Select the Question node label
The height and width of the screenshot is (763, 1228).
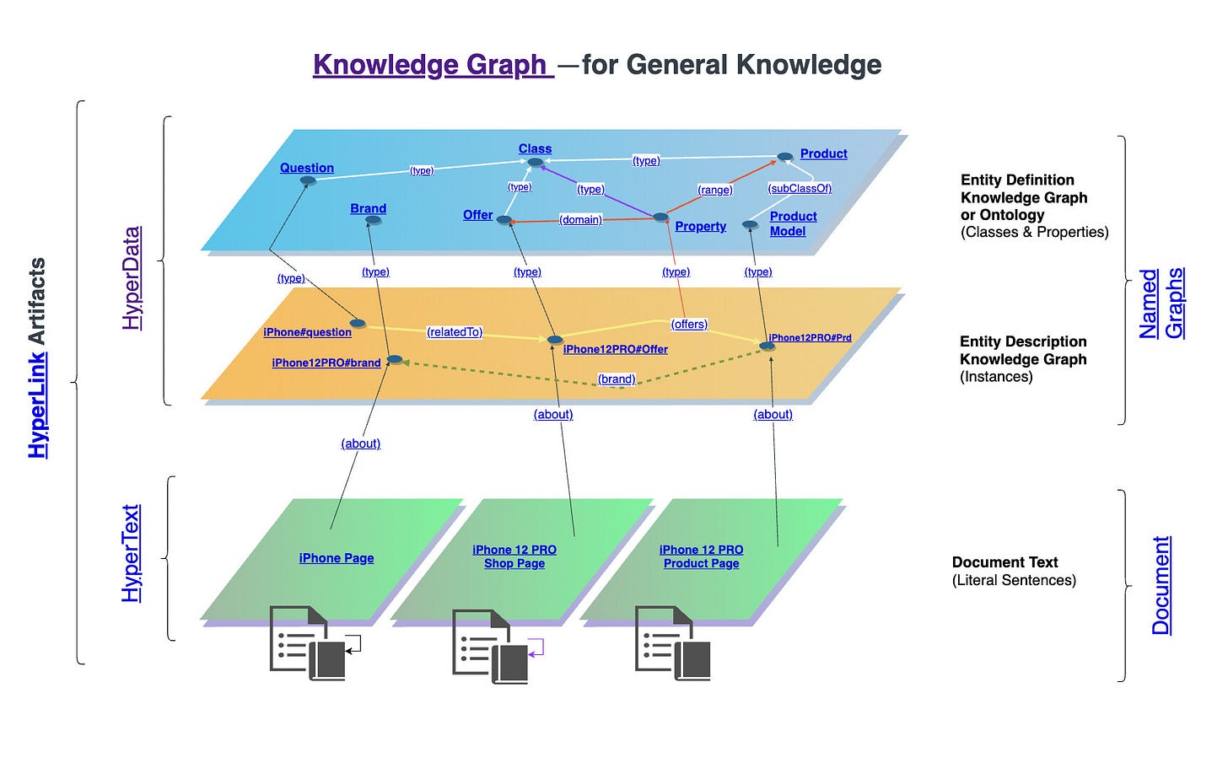(x=307, y=168)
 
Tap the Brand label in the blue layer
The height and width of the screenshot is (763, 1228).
(x=369, y=208)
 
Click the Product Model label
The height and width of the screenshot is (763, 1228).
(x=792, y=223)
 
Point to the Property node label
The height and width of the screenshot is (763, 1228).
(x=700, y=226)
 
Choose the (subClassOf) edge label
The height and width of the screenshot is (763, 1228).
(x=800, y=188)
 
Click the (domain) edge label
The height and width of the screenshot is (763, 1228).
(x=580, y=219)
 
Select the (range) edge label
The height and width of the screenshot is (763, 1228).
(x=714, y=190)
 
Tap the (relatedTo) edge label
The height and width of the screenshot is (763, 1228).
(x=455, y=332)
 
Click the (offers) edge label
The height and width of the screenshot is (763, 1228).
(x=689, y=324)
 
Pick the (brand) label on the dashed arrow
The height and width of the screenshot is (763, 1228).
(x=617, y=379)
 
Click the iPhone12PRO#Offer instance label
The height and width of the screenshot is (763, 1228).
(x=615, y=349)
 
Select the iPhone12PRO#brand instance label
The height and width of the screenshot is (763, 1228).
(x=326, y=363)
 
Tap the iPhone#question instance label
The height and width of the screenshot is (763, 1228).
(x=307, y=332)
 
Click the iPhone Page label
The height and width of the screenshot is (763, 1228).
(x=337, y=558)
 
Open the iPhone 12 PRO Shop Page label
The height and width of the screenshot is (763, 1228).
(x=514, y=556)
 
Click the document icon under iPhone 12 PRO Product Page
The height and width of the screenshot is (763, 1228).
(x=672, y=642)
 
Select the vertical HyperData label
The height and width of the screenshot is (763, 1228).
(x=132, y=278)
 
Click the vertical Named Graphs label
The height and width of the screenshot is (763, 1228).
(x=1161, y=304)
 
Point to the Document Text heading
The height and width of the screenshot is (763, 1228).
(x=1004, y=562)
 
